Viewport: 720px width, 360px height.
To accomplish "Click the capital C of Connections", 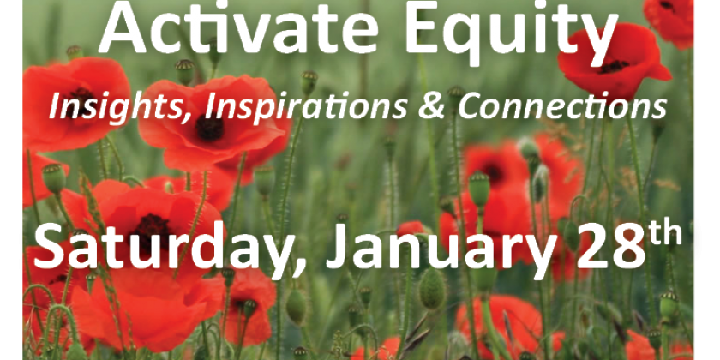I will click(469, 106).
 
